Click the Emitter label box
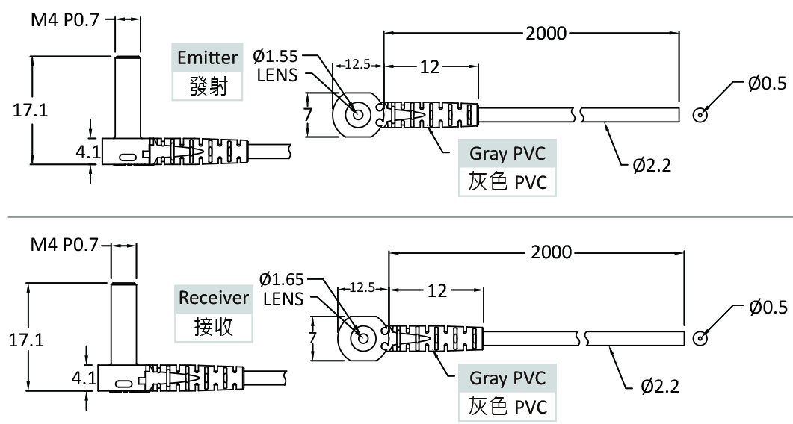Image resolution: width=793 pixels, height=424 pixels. coord(208,57)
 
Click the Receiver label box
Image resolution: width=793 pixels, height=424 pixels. coord(213,297)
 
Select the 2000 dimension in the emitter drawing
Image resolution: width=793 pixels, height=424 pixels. coord(546,33)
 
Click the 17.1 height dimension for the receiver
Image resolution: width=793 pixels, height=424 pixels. coord(25,340)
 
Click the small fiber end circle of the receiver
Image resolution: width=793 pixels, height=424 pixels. coord(700,338)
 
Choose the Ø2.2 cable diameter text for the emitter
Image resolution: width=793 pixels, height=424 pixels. coord(652,164)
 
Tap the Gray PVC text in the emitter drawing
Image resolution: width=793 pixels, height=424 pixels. coord(507,154)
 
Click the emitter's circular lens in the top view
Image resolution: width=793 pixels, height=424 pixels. coord(356,115)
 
